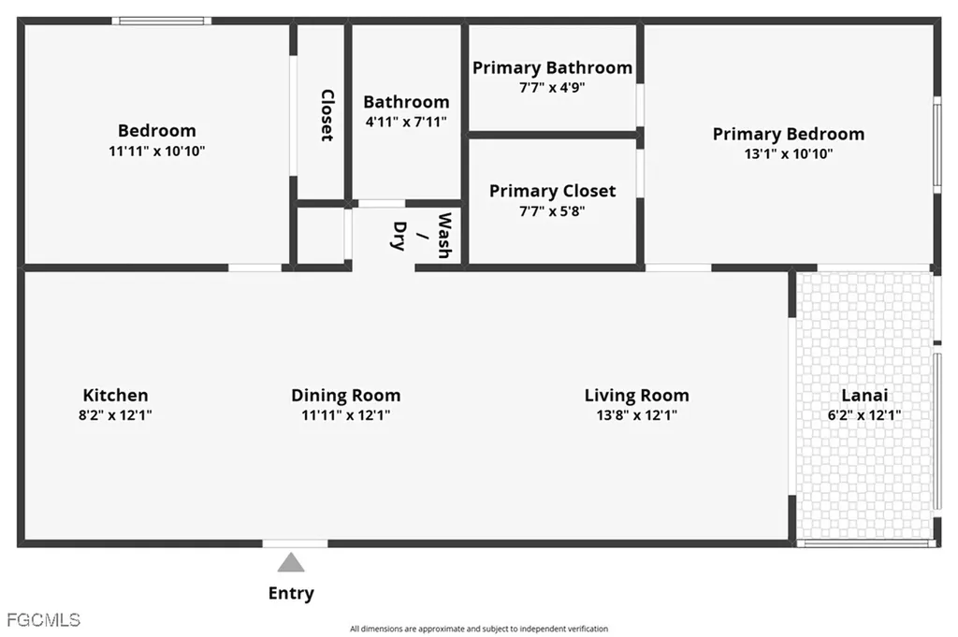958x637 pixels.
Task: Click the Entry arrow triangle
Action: tap(291, 562)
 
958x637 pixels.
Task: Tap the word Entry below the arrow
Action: tap(291, 593)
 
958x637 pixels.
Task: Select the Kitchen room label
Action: tap(115, 395)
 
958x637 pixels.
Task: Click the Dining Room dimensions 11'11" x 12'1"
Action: tap(346, 415)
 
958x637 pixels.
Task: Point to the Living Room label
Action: tap(636, 396)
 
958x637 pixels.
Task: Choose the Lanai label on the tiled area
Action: tap(864, 395)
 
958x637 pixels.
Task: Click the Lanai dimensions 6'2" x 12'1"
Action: tap(864, 415)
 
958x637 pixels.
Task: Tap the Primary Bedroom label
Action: tap(789, 134)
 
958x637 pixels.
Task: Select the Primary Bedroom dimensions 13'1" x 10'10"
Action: tap(789, 154)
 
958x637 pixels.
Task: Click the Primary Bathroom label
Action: tap(552, 67)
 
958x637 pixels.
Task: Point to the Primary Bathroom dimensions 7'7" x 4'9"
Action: tap(552, 87)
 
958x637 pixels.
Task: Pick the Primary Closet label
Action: tap(552, 191)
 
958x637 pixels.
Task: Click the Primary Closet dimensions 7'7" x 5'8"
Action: tap(552, 211)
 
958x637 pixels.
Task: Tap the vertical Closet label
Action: tap(327, 115)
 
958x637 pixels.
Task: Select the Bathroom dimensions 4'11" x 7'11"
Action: tap(406, 122)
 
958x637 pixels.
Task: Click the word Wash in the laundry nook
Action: tap(444, 236)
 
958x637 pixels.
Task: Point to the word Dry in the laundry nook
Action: tap(399, 236)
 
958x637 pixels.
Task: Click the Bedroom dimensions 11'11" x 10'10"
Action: tap(157, 151)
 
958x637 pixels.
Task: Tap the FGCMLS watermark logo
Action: tap(43, 620)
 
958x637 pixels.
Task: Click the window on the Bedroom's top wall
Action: tap(162, 21)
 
